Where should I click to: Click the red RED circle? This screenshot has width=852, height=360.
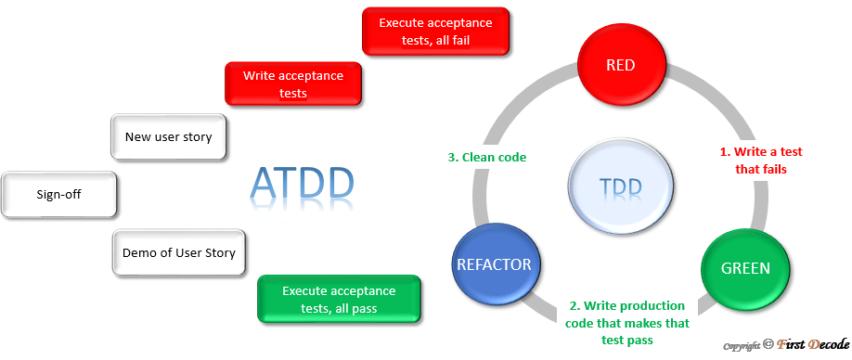tap(622, 64)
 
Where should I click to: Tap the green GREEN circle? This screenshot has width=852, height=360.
tap(745, 268)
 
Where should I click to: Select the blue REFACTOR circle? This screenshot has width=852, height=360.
tap(494, 264)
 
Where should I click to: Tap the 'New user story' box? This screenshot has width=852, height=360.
tap(168, 137)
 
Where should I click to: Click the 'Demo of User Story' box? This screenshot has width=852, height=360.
tap(178, 252)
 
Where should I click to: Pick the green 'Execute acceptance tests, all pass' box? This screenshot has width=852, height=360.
tap(339, 300)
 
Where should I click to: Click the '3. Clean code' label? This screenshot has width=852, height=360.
tap(487, 157)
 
